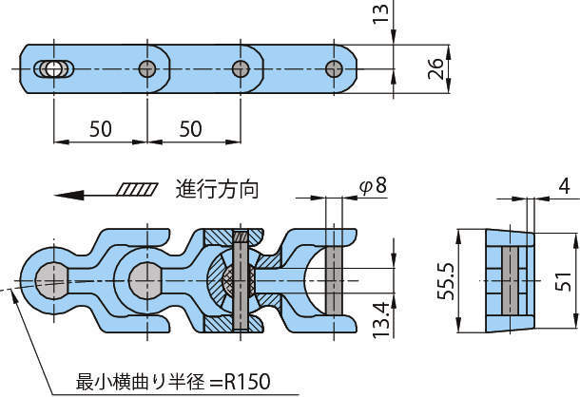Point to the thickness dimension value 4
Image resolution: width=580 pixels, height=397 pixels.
[564, 186]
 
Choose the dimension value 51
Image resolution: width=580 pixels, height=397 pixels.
[564, 282]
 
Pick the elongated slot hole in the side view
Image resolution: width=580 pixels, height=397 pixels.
[52, 68]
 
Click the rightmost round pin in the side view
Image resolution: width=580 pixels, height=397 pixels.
[333, 68]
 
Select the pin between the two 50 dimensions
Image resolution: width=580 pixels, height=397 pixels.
[147, 68]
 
